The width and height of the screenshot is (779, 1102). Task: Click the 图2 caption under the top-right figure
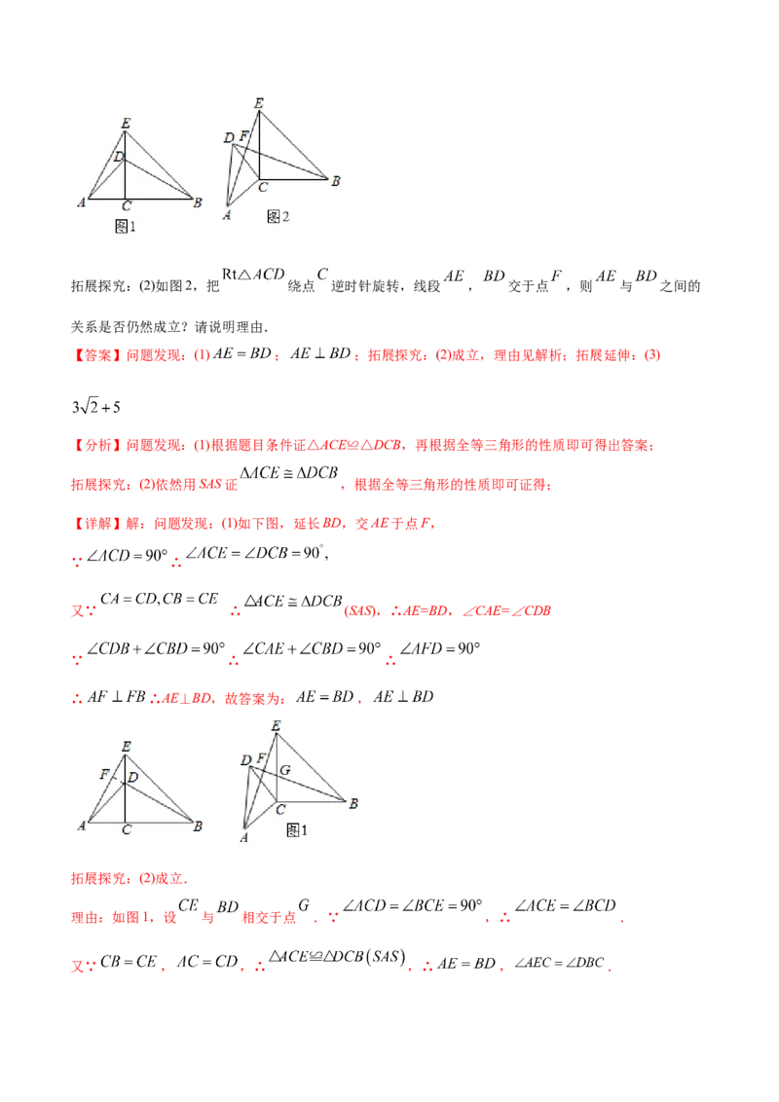[x=278, y=216]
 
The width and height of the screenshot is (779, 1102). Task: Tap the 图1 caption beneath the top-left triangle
[x=126, y=226]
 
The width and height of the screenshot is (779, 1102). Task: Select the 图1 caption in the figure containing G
[x=297, y=830]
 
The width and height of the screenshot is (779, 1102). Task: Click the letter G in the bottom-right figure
[x=285, y=770]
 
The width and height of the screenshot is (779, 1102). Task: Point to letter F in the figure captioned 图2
[x=243, y=135]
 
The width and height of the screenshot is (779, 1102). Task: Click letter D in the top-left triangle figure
[x=118, y=157]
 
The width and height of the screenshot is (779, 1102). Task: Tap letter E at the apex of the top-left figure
[x=126, y=123]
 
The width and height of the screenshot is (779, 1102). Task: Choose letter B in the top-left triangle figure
[x=198, y=202]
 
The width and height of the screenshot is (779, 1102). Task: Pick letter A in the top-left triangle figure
[x=82, y=202]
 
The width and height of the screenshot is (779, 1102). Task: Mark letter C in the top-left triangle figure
[x=126, y=206]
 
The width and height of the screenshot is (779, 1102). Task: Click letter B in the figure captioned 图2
[x=335, y=181]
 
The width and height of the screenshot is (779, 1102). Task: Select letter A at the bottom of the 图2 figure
[x=227, y=215]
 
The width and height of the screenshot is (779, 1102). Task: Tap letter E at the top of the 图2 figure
[x=258, y=102]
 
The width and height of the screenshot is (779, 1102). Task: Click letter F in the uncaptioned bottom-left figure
[x=103, y=776]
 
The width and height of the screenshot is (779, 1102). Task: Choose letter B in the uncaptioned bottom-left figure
[x=198, y=826]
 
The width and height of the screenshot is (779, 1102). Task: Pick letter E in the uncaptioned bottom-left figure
[x=126, y=747]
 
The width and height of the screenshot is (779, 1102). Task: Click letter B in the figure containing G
[x=353, y=803]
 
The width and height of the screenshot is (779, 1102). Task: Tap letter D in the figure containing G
[x=245, y=759]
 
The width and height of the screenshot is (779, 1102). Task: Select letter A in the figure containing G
[x=242, y=837]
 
